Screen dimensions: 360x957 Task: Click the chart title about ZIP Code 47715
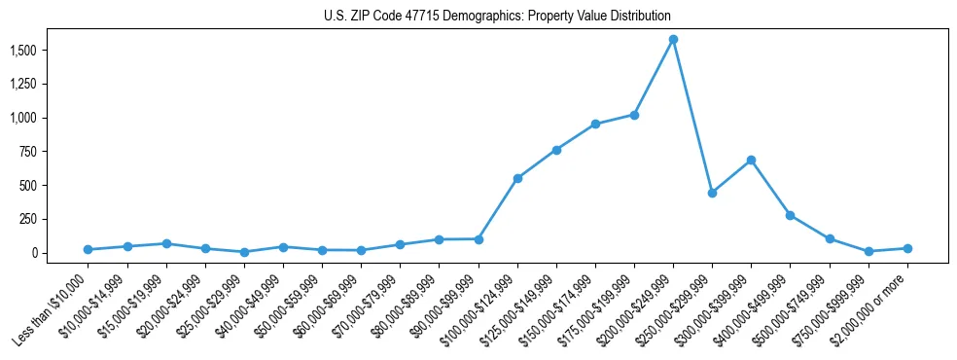coord(497,17)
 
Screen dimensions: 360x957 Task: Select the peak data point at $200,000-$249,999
coord(673,40)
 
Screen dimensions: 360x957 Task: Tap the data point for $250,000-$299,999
coord(712,193)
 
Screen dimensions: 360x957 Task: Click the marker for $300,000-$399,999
coord(751,160)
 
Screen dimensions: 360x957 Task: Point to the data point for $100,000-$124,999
coord(517,178)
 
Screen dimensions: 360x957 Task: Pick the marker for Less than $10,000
coord(89,249)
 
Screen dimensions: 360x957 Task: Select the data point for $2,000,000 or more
coord(907,248)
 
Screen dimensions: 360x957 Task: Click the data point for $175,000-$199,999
coord(634,115)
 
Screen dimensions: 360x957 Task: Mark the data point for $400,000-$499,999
coord(790,215)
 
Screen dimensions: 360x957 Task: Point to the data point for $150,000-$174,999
coord(595,124)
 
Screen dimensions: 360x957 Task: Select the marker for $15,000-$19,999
coord(166,243)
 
